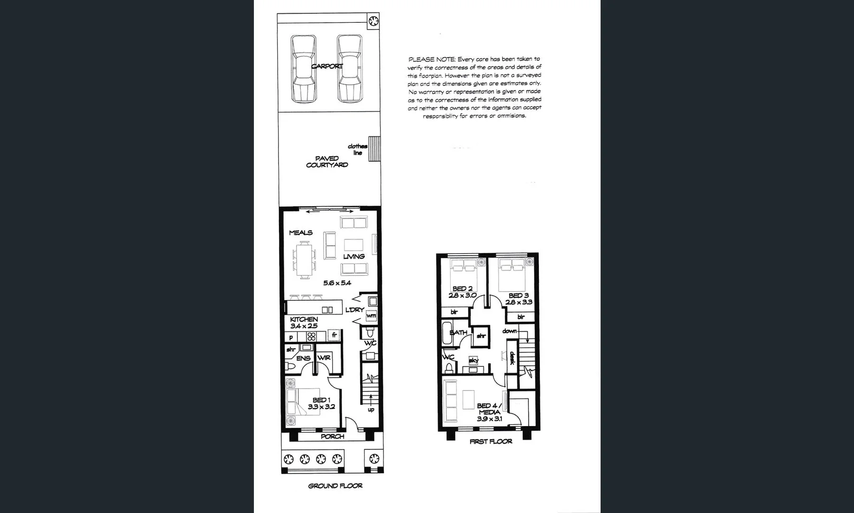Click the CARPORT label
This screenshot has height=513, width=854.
click(x=326, y=66)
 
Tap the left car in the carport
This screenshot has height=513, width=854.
click(x=304, y=69)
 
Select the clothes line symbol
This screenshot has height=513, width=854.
click(x=375, y=149)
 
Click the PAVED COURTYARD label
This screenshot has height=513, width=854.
click(x=327, y=161)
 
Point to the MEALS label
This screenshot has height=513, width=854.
click(x=301, y=233)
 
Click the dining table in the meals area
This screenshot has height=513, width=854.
click(x=305, y=259)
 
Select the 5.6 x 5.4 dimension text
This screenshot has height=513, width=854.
click(x=337, y=283)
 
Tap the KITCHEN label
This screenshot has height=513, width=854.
click(x=304, y=319)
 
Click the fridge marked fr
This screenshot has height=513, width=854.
click(x=334, y=335)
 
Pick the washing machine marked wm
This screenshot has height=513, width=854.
click(x=371, y=315)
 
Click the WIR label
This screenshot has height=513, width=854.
click(x=324, y=358)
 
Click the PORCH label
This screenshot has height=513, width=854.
click(x=332, y=437)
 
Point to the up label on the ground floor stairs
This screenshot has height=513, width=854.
click(x=371, y=409)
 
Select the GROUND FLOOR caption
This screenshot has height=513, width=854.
click(x=335, y=486)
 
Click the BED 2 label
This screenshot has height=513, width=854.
click(x=462, y=288)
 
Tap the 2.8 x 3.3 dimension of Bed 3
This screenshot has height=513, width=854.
click(x=519, y=302)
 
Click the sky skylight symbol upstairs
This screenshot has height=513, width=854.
click(x=473, y=361)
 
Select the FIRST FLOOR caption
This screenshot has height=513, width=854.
click(x=491, y=441)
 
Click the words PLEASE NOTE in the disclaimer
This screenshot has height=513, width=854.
click(x=432, y=59)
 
